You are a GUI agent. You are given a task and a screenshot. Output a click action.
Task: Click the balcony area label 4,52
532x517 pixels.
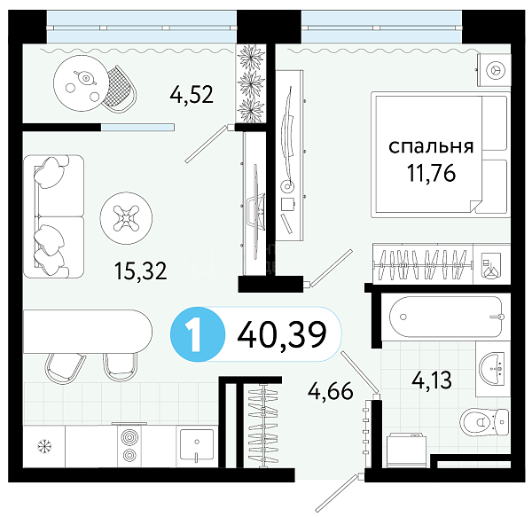[192, 95]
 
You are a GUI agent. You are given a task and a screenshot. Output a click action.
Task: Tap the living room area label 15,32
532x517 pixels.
[141, 271]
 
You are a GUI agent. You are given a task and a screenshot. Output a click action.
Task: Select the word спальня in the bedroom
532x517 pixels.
[431, 146]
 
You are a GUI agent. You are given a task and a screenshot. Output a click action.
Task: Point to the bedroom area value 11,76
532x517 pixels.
[431, 173]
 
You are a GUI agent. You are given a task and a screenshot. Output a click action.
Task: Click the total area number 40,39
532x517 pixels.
[282, 334]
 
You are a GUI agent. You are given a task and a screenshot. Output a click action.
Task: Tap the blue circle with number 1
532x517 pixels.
[198, 334]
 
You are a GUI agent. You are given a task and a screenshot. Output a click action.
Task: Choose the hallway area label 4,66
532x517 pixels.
[330, 391]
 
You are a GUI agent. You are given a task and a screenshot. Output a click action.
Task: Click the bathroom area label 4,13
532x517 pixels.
[432, 380]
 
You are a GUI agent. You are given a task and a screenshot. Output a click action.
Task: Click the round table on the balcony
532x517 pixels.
[82, 83]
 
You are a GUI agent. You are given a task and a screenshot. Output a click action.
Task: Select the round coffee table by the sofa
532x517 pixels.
[126, 218]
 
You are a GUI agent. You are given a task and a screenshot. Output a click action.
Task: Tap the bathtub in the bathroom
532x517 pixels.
[446, 317]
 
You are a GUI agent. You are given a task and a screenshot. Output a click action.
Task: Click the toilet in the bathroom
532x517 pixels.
[484, 422]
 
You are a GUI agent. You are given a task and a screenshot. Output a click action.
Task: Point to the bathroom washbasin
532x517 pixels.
[492, 369]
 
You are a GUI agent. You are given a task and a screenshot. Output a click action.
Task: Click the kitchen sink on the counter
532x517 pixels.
[197, 446]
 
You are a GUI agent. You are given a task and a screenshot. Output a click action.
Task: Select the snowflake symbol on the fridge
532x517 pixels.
[44, 445]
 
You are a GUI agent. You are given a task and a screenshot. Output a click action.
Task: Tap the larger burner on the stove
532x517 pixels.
[129, 437]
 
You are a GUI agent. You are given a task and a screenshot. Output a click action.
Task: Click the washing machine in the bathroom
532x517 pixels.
[406, 450]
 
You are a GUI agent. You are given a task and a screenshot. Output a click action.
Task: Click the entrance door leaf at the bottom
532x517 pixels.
[337, 494]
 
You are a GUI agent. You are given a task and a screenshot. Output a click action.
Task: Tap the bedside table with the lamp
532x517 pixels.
[495, 70]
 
